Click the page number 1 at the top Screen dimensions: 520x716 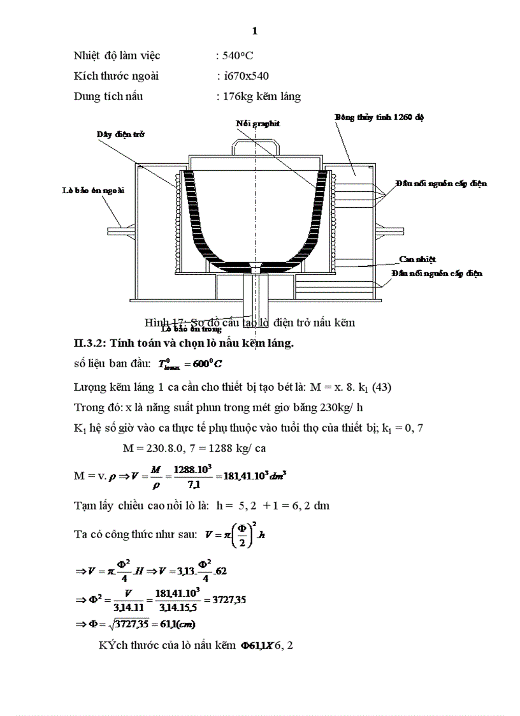coord(255,31)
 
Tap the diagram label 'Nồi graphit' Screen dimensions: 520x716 coord(257,123)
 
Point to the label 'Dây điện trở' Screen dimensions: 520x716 coord(121,135)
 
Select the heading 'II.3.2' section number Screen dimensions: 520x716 coord(90,343)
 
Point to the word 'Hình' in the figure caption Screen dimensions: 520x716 coord(155,322)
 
